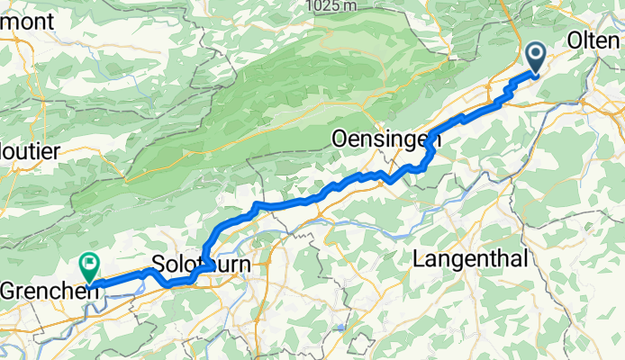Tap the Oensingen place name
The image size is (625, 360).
385,139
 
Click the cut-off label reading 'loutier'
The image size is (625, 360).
29,151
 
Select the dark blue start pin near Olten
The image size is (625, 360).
535,58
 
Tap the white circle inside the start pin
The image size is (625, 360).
535,55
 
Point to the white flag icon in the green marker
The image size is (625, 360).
90,264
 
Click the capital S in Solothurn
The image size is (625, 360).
158,265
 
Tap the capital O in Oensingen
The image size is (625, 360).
340,139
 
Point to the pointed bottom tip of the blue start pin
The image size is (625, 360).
535,75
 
